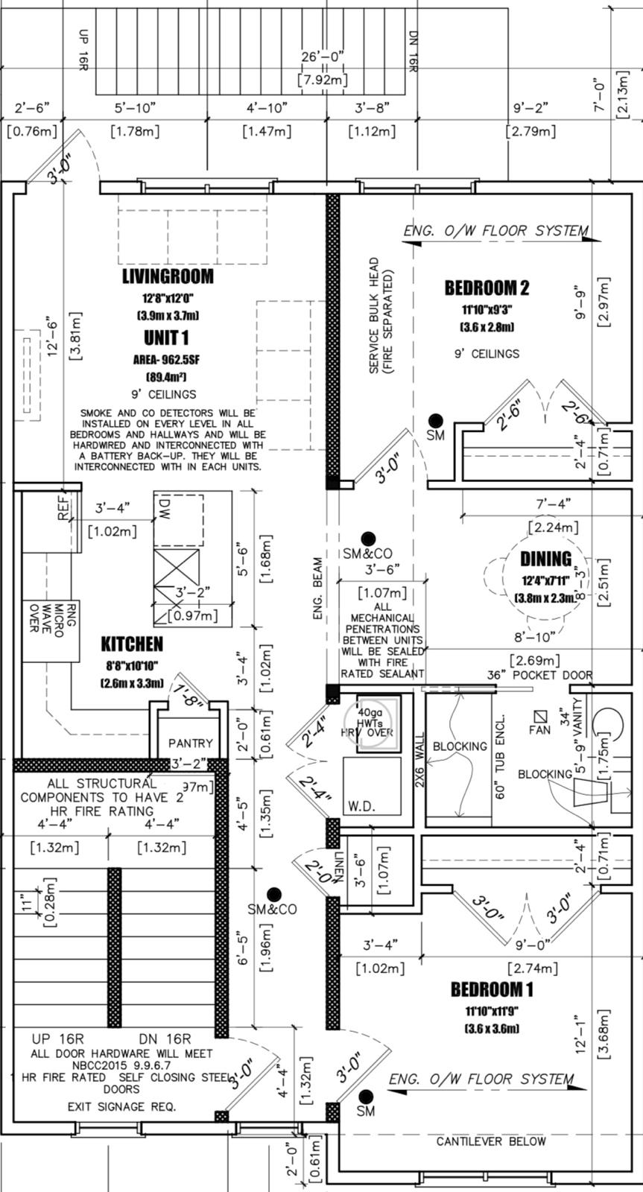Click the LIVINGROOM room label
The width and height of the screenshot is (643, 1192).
tap(168, 276)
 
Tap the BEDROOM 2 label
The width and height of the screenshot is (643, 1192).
tap(487, 287)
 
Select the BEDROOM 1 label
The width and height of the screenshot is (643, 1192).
tap(492, 989)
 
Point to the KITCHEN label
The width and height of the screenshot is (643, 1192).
tap(132, 644)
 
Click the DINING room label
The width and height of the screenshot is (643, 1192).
tap(545, 559)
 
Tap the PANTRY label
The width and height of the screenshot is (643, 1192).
tap(190, 743)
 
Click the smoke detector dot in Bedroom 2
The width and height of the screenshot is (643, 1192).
tap(435, 421)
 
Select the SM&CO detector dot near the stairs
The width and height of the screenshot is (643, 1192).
tap(274, 894)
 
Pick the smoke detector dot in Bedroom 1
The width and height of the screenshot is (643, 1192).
tap(365, 1097)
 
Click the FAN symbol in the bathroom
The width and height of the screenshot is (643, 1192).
tap(541, 717)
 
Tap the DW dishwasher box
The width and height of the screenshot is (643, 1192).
tap(179, 518)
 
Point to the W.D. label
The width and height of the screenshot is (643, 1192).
tap(360, 807)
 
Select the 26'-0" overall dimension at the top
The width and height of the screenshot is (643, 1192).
tap(323, 57)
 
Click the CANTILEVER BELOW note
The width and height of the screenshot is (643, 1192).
tap(491, 1141)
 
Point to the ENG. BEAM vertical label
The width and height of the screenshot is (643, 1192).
tap(318, 589)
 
